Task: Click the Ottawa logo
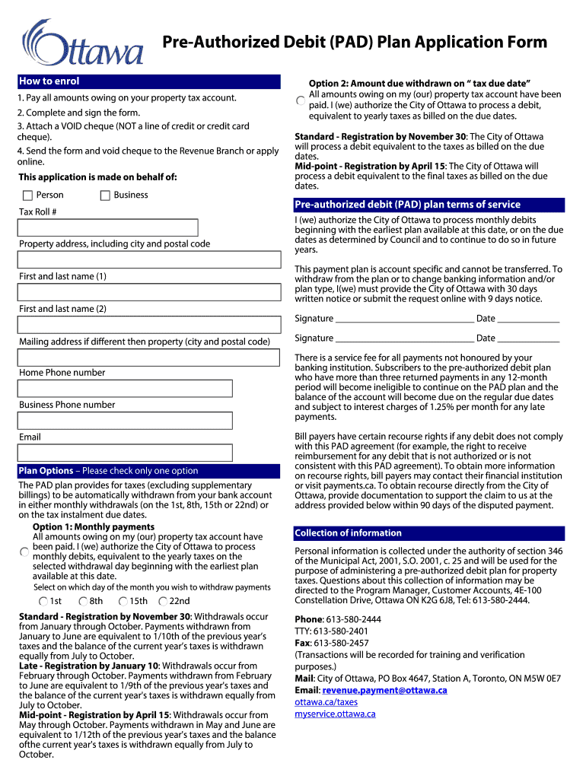(x=83, y=43)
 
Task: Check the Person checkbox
(x=27, y=196)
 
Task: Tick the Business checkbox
(x=105, y=196)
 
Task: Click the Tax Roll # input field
(x=108, y=227)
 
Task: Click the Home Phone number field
(x=126, y=388)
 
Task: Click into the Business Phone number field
(x=126, y=421)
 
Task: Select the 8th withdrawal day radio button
(x=83, y=602)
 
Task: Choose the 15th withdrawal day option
(x=123, y=602)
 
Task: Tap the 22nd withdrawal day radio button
(x=163, y=602)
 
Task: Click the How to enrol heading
(x=49, y=81)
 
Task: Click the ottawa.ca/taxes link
(x=326, y=702)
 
